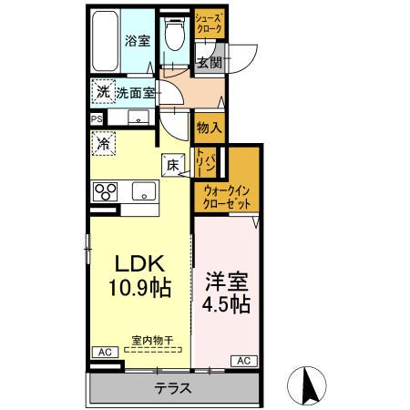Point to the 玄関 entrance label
tap(209, 62)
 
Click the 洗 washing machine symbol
tap(102, 91)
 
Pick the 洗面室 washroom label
tap(133, 92)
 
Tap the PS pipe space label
tap(96, 118)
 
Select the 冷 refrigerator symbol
tap(103, 144)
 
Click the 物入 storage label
tap(209, 127)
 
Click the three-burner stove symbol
tap(106, 191)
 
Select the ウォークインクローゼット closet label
tap(227, 197)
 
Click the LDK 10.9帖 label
tap(138, 274)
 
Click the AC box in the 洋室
tap(243, 362)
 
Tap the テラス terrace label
tap(172, 388)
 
